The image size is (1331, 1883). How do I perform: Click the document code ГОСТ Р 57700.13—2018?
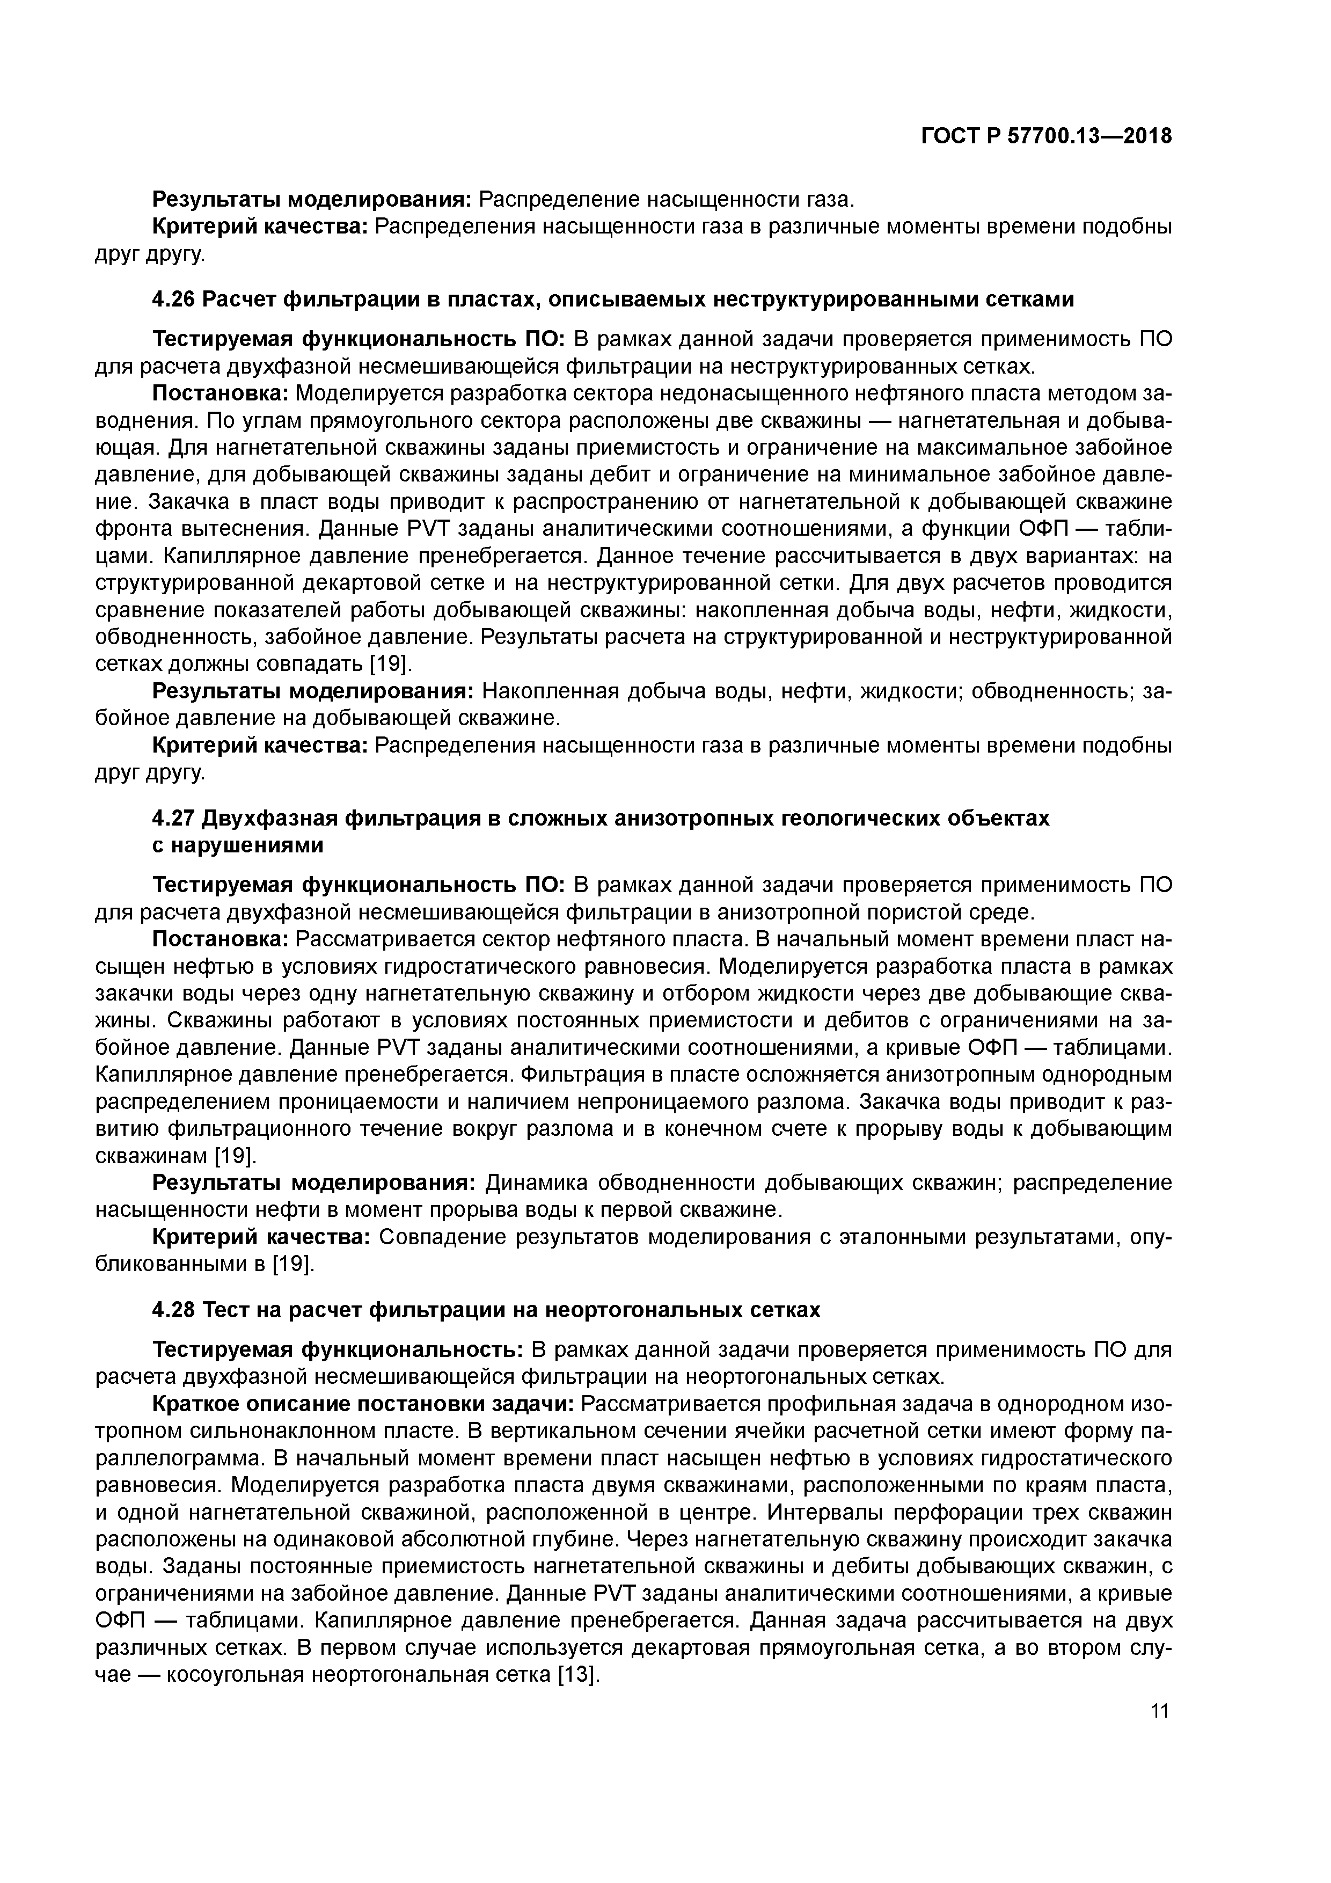click(x=1045, y=136)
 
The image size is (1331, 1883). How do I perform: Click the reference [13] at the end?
click(x=579, y=1675)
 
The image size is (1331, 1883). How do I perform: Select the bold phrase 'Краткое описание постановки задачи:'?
click(x=363, y=1404)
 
